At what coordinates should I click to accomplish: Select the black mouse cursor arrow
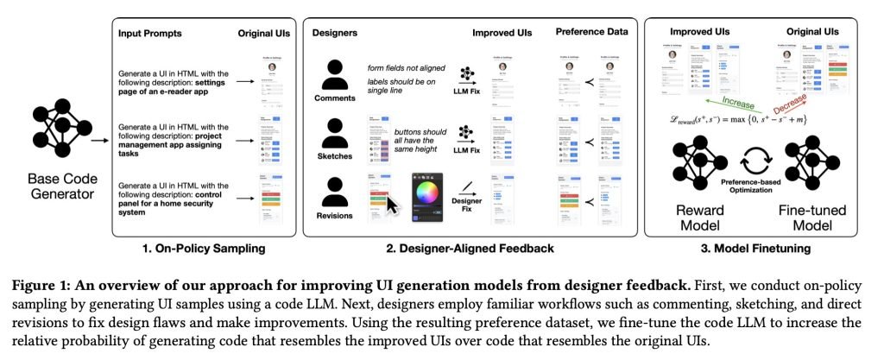click(392, 205)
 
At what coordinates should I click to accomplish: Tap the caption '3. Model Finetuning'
click(760, 249)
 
